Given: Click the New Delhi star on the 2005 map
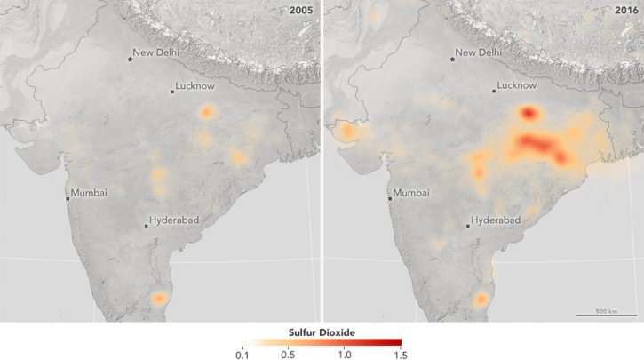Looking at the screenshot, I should coord(131,59).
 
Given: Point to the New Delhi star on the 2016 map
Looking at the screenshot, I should coord(453,59).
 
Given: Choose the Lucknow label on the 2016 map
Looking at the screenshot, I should coord(519,86).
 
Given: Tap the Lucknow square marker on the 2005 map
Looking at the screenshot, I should coord(172,92).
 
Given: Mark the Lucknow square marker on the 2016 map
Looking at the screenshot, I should coord(495,92).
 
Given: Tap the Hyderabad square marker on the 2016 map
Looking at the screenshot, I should coord(469,226).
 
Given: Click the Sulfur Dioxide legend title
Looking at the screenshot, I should coord(322,332).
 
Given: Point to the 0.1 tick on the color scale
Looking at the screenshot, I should coord(242,355).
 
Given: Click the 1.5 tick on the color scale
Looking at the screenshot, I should coord(401,355).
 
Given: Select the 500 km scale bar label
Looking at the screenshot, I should coord(607,310).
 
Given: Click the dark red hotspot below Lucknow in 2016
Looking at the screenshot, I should coord(529,113).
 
